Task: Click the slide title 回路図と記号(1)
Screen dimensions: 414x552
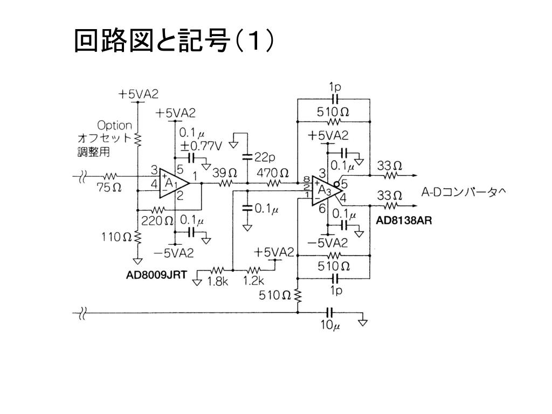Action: tap(175, 42)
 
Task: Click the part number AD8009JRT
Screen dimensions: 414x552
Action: tap(157, 275)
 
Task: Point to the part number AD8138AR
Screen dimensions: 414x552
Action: tap(404, 221)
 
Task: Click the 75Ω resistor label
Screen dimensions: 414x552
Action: tap(109, 188)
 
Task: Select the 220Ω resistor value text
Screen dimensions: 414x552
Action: tap(157, 220)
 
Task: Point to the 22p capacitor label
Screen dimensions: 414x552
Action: tap(265, 157)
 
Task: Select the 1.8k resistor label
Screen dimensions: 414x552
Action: tap(218, 281)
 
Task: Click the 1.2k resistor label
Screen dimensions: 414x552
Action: tap(253, 281)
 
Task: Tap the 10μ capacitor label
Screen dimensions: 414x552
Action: tap(329, 326)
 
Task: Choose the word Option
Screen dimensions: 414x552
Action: tap(114, 126)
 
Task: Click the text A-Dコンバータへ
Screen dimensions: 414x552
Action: tap(463, 192)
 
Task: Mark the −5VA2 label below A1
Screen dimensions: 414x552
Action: tap(175, 252)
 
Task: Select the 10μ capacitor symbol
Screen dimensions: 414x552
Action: tap(330, 312)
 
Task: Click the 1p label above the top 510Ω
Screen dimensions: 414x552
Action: tap(335, 87)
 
